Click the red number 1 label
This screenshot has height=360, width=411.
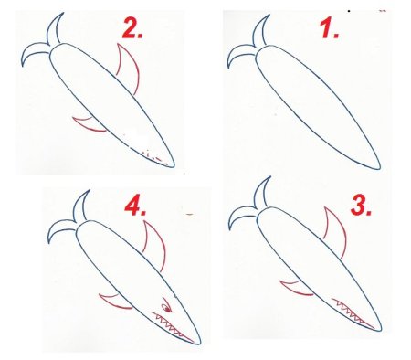pos(330,28)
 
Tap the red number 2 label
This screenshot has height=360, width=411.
pos(132,28)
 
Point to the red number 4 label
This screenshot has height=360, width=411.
pos(135,206)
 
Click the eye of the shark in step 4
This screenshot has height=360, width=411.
pos(167,306)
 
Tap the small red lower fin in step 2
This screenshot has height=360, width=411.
pos(89,125)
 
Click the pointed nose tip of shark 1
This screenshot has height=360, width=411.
pos(380,168)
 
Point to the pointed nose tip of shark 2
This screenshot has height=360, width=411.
pos(174,166)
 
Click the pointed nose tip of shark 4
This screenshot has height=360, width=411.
pos(200,344)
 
